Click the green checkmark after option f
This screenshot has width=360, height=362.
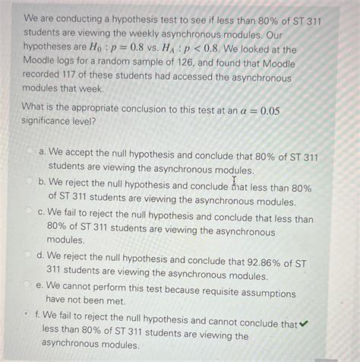[x=305, y=323]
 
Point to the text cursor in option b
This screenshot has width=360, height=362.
[x=235, y=183]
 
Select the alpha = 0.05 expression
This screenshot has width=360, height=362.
[x=254, y=112]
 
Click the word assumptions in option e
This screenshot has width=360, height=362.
[x=266, y=293]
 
